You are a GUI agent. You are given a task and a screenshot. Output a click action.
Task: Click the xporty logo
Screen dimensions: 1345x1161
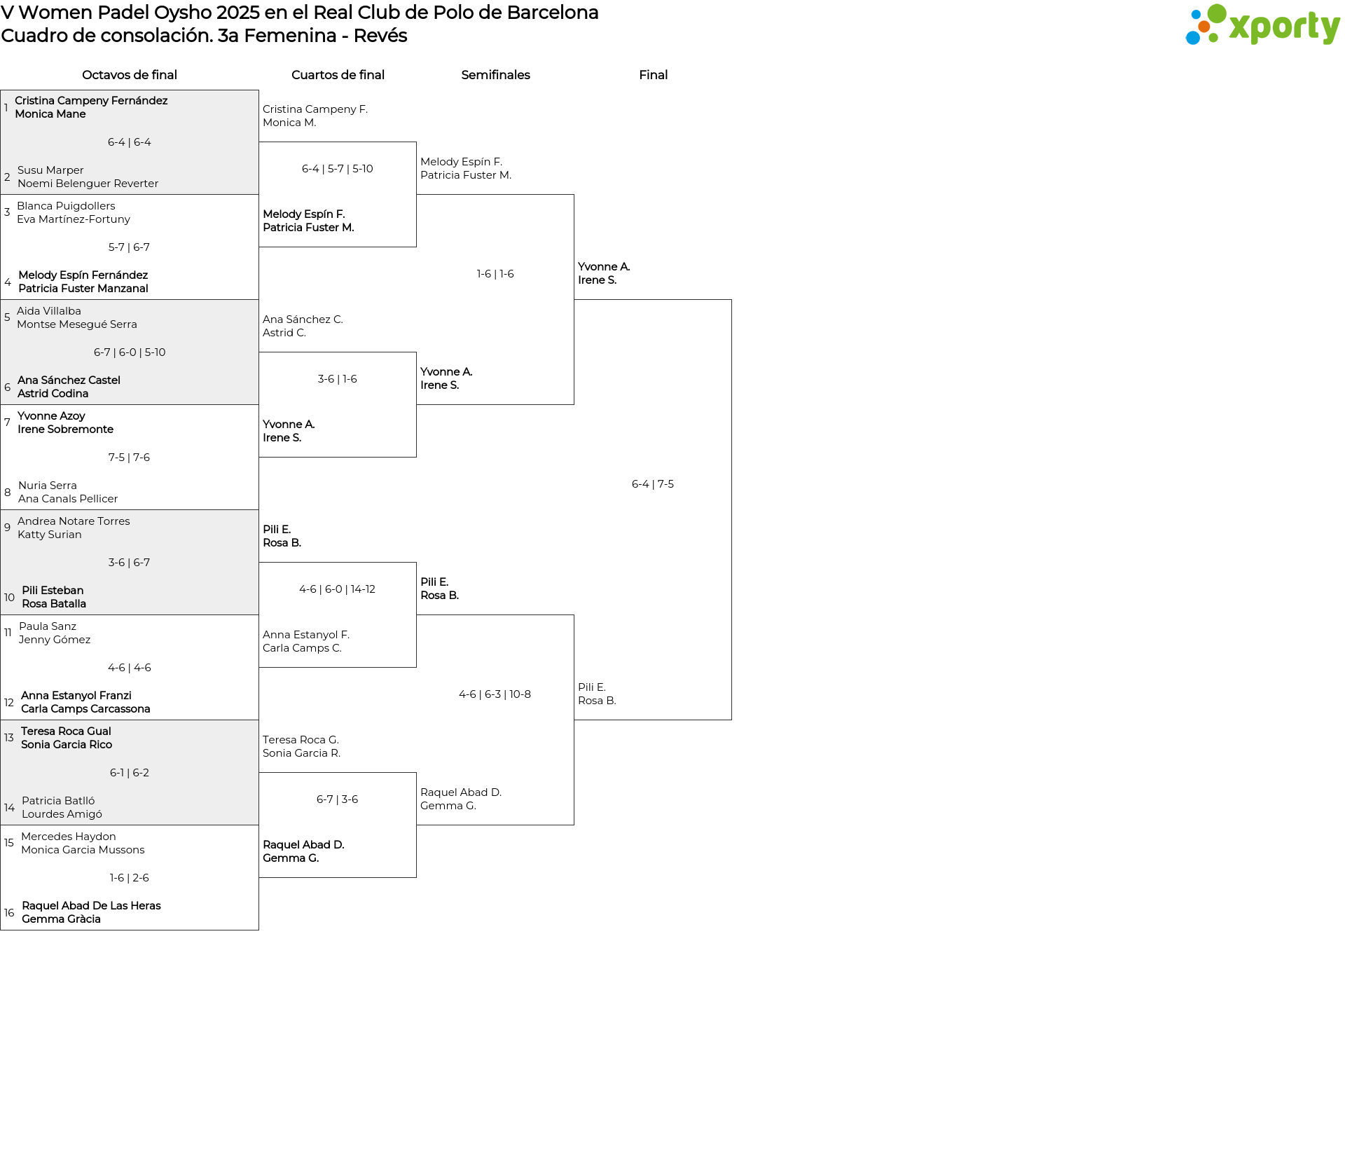(1262, 25)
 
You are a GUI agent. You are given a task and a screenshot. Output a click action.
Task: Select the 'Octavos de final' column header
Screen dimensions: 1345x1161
(130, 75)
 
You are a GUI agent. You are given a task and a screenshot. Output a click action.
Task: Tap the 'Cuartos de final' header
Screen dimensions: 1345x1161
(338, 75)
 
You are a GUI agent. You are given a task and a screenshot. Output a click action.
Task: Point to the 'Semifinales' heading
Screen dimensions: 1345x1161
(495, 75)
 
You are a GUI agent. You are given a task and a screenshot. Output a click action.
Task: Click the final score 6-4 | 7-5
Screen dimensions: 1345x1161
(653, 484)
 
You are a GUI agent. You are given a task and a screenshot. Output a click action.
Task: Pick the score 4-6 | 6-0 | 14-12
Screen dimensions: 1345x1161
(337, 589)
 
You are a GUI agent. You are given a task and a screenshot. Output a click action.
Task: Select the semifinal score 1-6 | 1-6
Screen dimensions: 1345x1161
(495, 274)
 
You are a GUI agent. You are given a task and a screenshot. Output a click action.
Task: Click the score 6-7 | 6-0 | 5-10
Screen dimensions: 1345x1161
(130, 352)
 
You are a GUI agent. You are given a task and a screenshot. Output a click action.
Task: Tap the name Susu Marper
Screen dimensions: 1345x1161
(50, 170)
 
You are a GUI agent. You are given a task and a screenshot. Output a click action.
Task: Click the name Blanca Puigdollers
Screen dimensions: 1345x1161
(66, 206)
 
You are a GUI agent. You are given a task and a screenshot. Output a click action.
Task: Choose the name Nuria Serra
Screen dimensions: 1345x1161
(48, 486)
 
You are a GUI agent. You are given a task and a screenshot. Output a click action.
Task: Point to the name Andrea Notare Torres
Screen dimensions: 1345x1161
(74, 521)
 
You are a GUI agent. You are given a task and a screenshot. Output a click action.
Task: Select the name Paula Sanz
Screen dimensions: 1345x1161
(48, 626)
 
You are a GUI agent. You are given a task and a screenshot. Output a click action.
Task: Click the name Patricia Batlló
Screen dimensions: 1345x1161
(58, 801)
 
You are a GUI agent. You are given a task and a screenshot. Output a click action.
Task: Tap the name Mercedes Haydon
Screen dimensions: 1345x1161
(69, 837)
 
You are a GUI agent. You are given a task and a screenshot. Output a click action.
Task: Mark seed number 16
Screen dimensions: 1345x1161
(9, 913)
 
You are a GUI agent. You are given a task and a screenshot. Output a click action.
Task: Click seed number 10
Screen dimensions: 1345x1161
(9, 598)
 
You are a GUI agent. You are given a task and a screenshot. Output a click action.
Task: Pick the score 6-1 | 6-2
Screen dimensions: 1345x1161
(130, 773)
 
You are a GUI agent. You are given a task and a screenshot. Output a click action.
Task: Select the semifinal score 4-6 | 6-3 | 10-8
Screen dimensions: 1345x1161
(495, 694)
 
